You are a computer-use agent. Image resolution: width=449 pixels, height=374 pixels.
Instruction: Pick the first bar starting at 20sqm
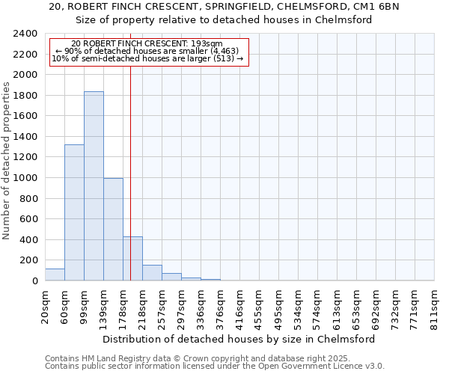pos(55,275)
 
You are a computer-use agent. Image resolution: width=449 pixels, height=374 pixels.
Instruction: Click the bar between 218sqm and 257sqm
pos(152,273)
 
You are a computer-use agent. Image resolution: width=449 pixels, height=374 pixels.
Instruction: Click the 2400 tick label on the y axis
pos(26,34)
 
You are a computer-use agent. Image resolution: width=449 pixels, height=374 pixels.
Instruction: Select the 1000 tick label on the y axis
pos(26,178)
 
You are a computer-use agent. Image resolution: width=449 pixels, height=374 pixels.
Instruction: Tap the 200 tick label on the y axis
pos(29,260)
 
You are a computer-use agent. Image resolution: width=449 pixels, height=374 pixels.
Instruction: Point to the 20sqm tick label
pos(45,307)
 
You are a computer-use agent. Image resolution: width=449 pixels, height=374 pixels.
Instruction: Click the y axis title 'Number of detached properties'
pos(7,157)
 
